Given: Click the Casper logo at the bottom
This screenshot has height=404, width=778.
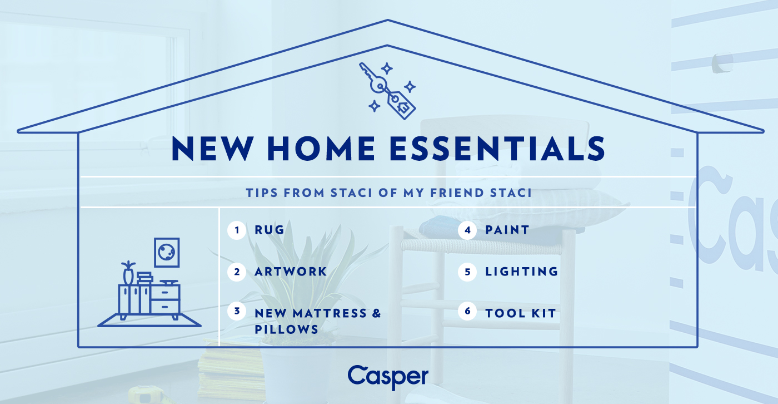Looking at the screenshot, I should point(388,377).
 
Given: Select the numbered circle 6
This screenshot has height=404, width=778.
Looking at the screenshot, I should point(467,312).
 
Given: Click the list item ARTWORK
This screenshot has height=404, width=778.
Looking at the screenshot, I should point(291,272).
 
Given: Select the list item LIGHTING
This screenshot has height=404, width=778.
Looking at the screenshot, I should point(521,272).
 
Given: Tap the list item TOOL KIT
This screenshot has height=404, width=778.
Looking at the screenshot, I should point(520,313).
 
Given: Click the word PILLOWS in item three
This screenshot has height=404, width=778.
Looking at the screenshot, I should point(286,329).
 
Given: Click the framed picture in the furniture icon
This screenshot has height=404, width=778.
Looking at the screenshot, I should point(167,252).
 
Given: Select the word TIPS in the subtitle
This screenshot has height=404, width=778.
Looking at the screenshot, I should point(263,193).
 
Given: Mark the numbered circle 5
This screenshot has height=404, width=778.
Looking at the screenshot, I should point(467,272).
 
